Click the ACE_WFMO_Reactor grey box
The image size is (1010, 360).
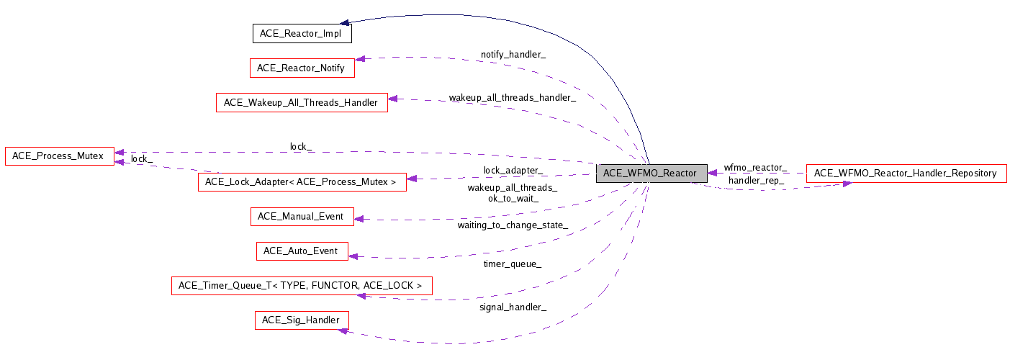tap(649, 173)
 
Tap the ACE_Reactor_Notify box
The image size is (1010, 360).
tap(301, 68)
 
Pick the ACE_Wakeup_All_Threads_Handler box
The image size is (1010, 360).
tap(301, 102)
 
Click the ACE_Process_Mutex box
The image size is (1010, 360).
tap(58, 156)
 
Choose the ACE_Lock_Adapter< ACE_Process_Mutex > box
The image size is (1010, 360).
tap(301, 181)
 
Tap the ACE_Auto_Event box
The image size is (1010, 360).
tap(302, 251)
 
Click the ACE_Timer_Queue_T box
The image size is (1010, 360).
tap(301, 286)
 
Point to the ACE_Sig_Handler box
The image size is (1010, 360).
tap(301, 320)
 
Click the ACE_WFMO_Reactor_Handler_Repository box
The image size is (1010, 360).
tap(906, 173)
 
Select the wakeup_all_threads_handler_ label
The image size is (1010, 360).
tap(512, 97)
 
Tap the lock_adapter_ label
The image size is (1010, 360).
tap(513, 171)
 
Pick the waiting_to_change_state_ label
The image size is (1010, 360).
tap(513, 225)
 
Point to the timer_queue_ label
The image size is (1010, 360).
tap(513, 264)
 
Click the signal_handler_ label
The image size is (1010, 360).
tap(513, 307)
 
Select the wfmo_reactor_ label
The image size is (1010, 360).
tap(755, 167)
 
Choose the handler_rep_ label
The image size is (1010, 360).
tap(756, 180)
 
